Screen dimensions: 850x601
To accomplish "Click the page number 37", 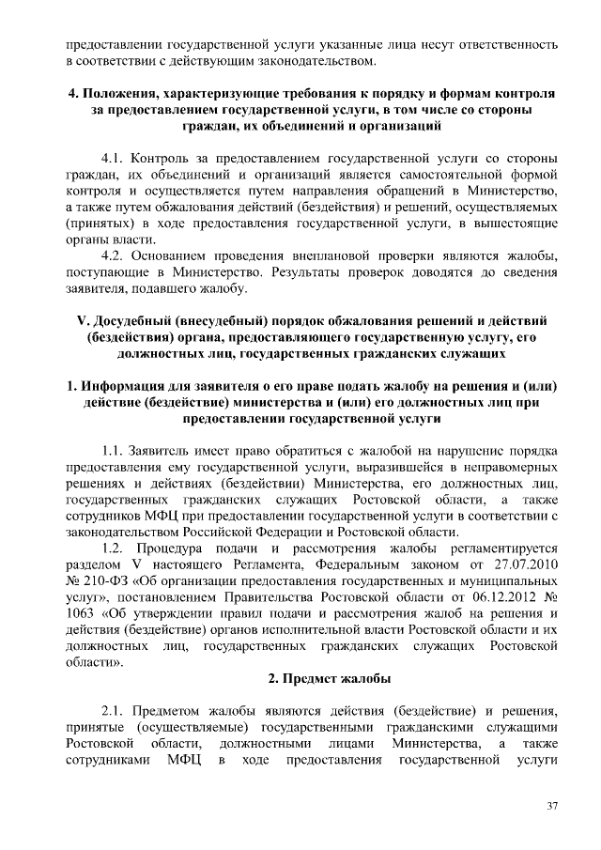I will pos(552,807).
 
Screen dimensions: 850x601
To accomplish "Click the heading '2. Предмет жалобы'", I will pos(328,677).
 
